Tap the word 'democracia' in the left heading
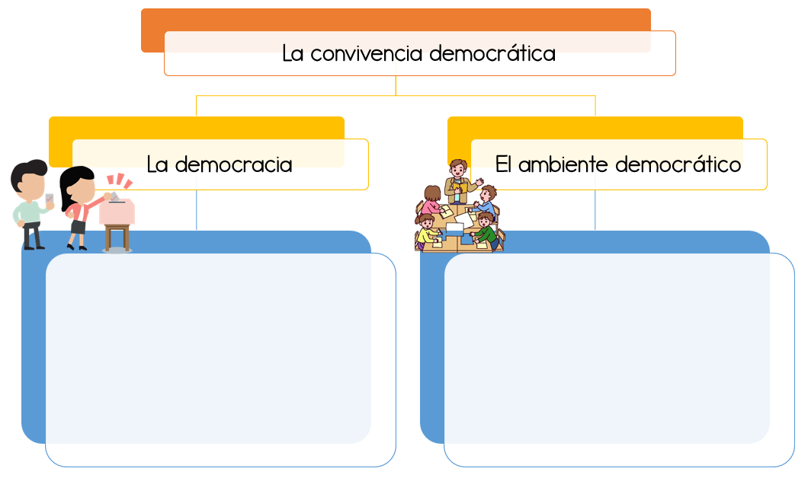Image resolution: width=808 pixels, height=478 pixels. (x=232, y=164)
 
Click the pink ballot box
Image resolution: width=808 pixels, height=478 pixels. (x=117, y=212)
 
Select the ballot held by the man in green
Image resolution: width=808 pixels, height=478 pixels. (x=50, y=198)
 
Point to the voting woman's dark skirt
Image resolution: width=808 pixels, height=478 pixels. (x=78, y=226)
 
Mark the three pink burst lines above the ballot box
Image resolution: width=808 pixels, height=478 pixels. (x=119, y=181)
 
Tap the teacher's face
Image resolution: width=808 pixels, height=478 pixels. (x=457, y=170)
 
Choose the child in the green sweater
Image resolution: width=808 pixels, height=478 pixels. (x=486, y=232)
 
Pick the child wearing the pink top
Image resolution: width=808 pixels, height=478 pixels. (x=432, y=204)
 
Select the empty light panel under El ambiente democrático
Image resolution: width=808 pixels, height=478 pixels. (x=618, y=358)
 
